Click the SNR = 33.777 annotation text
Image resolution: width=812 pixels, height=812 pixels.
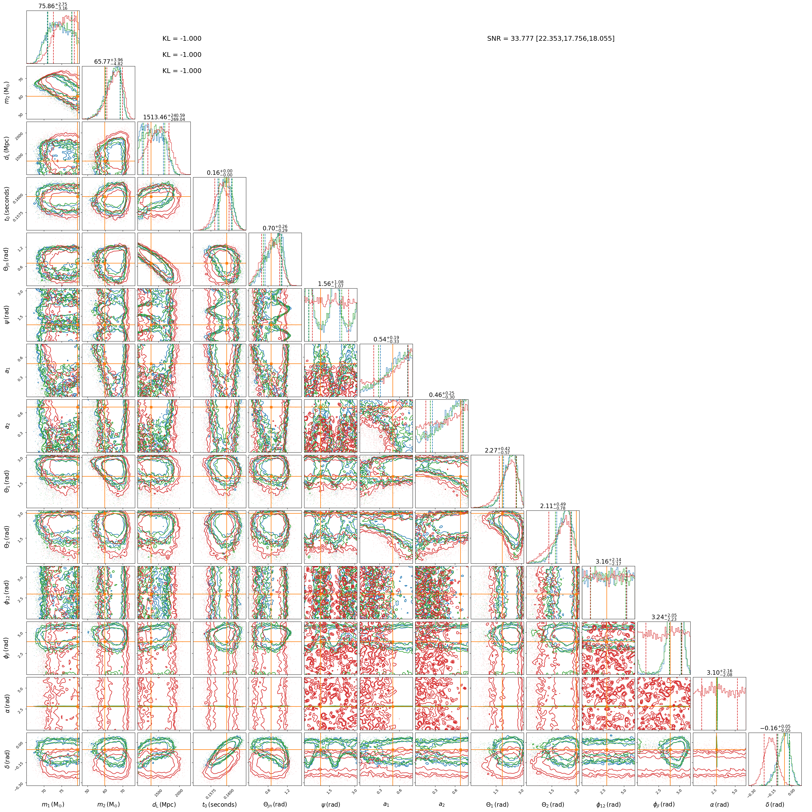(x=551, y=39)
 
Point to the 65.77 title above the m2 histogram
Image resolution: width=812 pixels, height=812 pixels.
(x=108, y=62)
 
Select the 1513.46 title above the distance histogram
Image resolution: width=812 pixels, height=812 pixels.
(x=164, y=117)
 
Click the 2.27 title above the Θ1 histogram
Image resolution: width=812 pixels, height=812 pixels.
(x=497, y=450)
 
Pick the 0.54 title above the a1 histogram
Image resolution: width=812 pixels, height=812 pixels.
(x=386, y=339)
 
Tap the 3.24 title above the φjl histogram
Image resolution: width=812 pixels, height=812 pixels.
(x=664, y=617)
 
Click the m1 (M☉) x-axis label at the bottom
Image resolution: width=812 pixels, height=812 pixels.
(x=53, y=804)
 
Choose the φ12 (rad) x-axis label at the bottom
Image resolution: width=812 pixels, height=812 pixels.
(x=608, y=804)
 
